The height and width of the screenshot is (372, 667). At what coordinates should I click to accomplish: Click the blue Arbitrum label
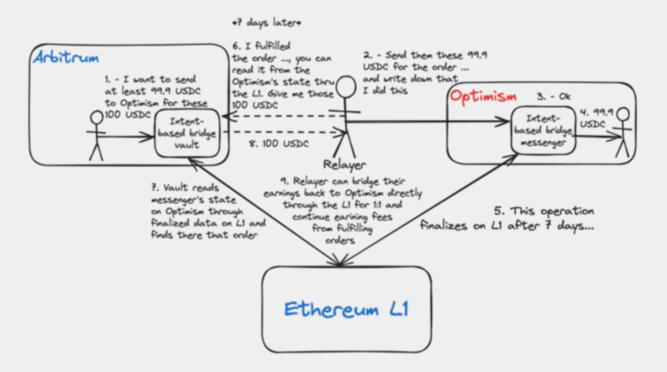(66, 57)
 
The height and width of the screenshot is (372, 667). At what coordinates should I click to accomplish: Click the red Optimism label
(483, 96)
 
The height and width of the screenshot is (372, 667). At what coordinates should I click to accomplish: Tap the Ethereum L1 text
(346, 309)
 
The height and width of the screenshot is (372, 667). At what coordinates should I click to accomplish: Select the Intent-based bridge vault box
(187, 133)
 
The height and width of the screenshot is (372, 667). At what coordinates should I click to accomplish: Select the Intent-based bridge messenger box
(543, 131)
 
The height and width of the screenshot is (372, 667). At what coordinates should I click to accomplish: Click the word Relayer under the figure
(344, 165)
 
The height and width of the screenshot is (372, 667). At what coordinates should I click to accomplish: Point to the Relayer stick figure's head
(346, 87)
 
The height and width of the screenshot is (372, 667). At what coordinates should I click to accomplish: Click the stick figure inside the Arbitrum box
(97, 135)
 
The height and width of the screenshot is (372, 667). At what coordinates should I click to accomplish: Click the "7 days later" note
(267, 23)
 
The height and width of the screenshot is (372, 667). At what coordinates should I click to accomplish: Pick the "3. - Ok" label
(554, 97)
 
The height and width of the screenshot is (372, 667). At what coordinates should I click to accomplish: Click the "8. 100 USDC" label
(279, 144)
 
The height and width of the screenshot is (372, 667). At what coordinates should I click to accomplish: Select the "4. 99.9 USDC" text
(595, 118)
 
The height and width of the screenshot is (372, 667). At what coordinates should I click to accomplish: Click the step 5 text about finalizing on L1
(507, 218)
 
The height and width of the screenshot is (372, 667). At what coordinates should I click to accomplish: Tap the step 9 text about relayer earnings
(342, 210)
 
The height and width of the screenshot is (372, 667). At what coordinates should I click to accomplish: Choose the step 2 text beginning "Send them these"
(424, 72)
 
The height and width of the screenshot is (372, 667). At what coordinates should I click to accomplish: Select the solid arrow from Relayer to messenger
(427, 122)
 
